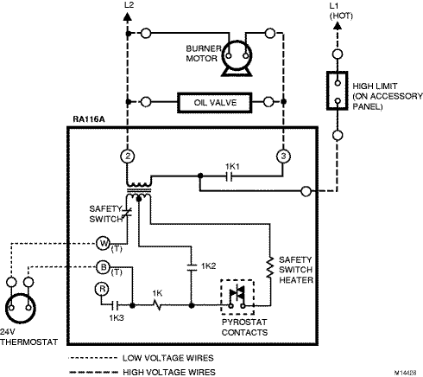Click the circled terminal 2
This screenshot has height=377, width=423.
[128, 157]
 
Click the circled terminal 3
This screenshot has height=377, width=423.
[283, 157]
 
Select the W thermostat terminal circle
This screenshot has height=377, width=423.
[103, 244]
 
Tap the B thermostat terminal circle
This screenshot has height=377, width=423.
[103, 267]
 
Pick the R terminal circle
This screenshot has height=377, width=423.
[102, 289]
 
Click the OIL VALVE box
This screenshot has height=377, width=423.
[215, 102]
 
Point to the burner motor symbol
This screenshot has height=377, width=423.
[237, 58]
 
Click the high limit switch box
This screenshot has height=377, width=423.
[338, 91]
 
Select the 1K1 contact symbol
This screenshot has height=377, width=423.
[229, 176]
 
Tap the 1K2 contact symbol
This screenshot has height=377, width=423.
[192, 267]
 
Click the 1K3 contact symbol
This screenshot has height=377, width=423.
[115, 305]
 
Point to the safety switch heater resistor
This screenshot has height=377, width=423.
[269, 268]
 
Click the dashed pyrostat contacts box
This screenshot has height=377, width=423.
[237, 297]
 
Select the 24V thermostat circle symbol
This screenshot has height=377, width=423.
[21, 309]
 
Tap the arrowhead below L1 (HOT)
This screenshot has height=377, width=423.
[338, 25]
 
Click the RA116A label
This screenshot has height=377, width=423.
[89, 119]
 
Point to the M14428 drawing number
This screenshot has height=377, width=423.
[405, 373]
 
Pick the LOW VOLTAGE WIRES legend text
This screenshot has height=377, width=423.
[168, 358]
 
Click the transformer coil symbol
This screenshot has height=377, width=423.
[139, 190]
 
